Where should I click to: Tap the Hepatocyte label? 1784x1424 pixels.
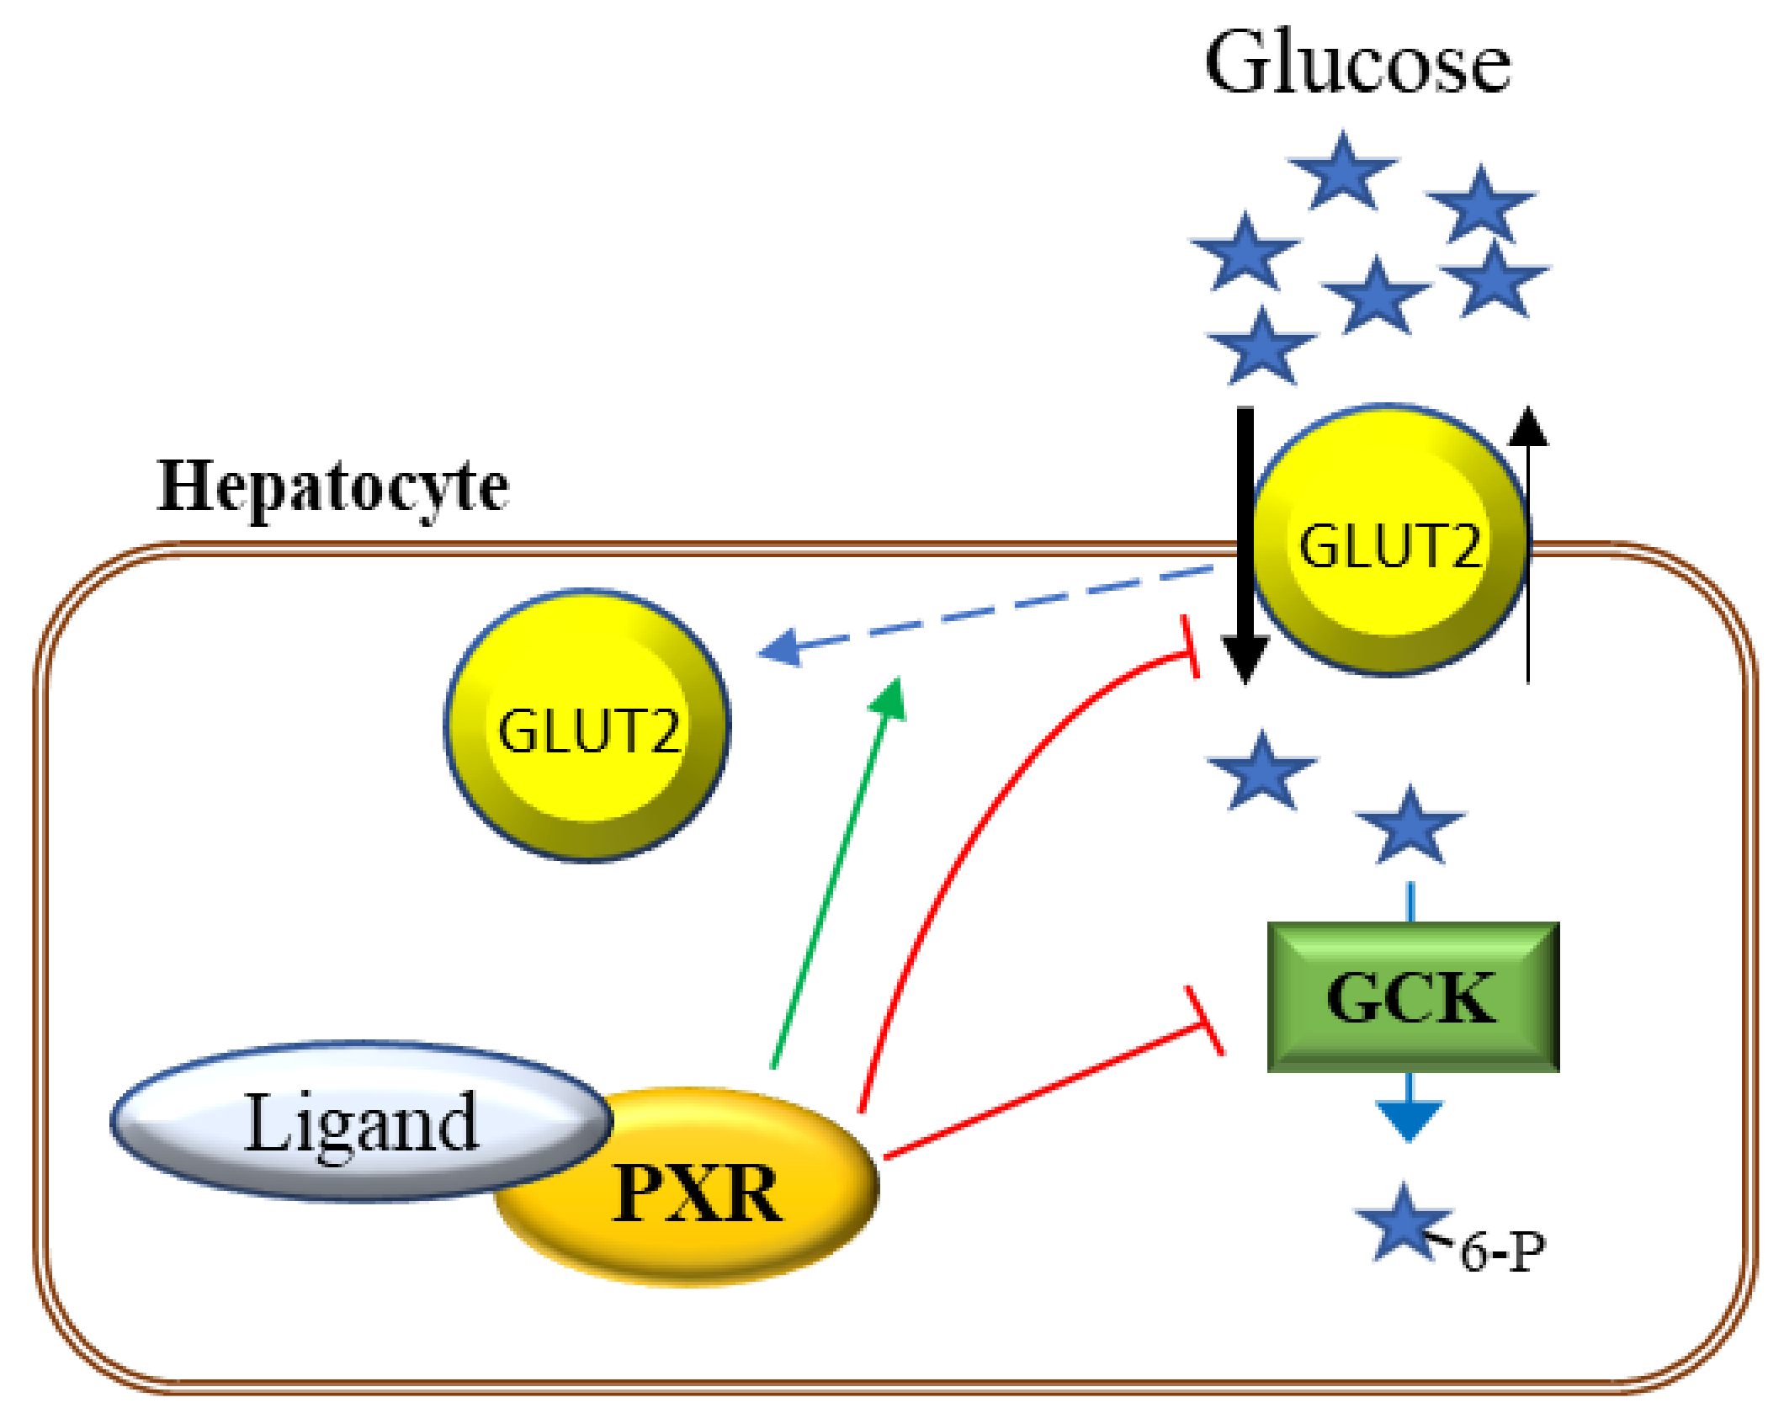(333, 487)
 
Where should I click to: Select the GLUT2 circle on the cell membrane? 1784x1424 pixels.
(1389, 540)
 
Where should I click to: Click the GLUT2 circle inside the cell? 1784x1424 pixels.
(587, 725)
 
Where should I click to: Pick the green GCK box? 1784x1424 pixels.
(1413, 997)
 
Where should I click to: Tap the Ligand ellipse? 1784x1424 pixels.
(362, 1121)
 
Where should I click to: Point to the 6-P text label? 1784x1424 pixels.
(1503, 1251)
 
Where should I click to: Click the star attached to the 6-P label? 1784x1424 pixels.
(1403, 1223)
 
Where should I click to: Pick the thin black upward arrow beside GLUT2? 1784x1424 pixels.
(1528, 544)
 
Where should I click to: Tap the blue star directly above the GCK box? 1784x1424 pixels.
(1410, 826)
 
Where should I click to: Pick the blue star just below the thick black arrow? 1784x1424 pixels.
(1261, 771)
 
